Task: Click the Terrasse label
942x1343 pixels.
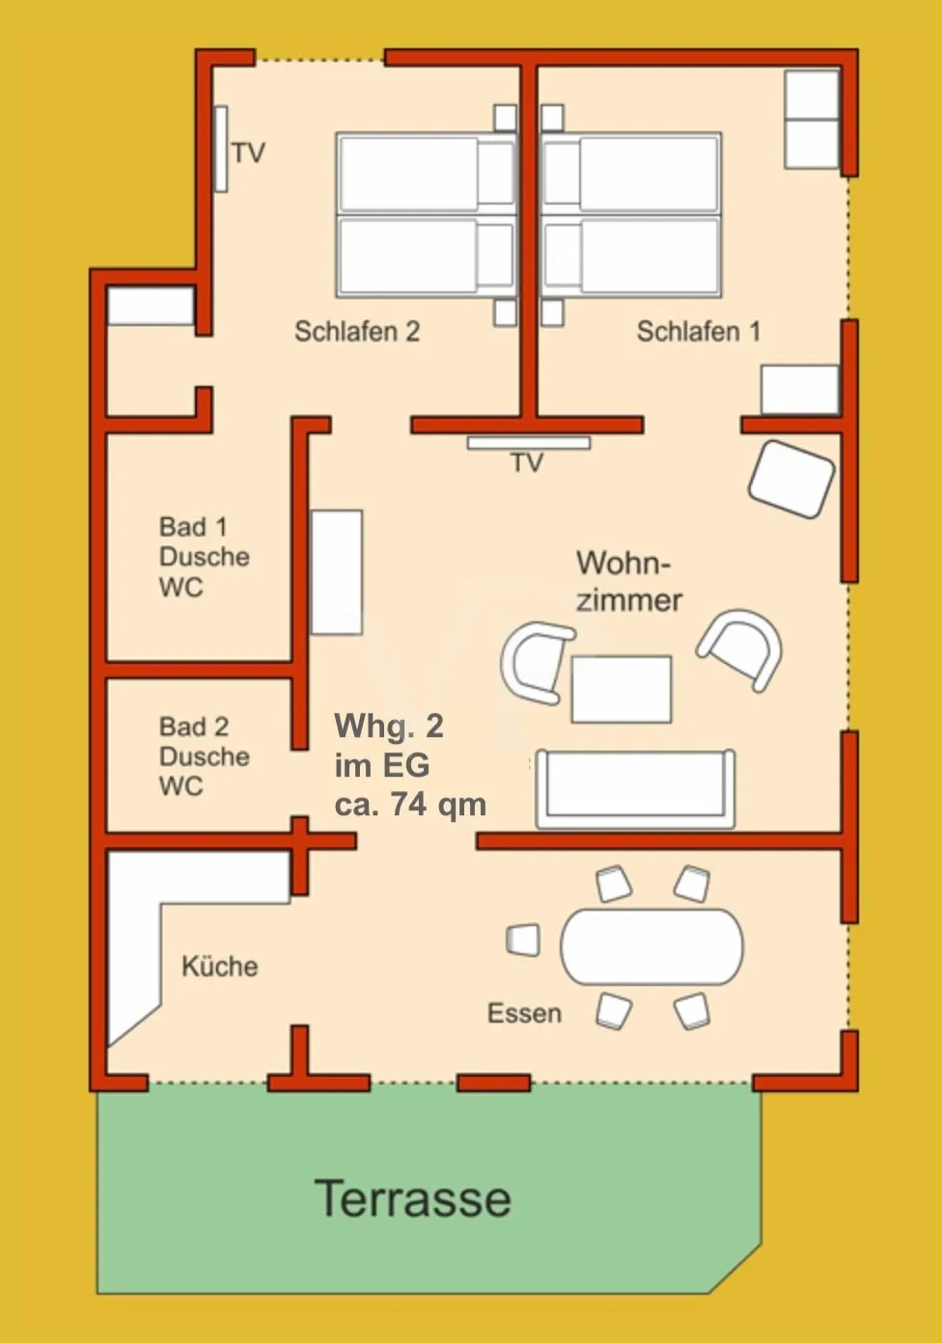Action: point(412,1198)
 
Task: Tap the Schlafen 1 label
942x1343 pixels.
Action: point(699,332)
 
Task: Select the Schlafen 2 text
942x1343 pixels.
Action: point(357,332)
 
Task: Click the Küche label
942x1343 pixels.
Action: point(219,966)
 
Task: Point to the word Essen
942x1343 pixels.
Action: point(524,1013)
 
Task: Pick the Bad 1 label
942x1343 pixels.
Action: point(193,527)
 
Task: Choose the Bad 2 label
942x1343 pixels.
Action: point(194,726)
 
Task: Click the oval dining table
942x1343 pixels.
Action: point(651,946)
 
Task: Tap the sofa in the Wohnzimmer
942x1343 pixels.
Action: point(636,788)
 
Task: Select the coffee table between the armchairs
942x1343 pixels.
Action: point(622,689)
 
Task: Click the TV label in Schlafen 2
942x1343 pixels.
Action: point(249,153)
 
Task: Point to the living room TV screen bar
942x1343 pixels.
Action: point(529,443)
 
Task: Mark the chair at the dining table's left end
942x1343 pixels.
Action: point(523,940)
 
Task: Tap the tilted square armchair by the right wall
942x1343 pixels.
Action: point(791,480)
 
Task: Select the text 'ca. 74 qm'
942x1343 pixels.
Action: point(410,804)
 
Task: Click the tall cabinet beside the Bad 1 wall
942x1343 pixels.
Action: point(337,572)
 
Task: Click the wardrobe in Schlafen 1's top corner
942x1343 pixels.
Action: point(812,120)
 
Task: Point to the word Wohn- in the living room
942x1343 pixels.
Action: point(623,563)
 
